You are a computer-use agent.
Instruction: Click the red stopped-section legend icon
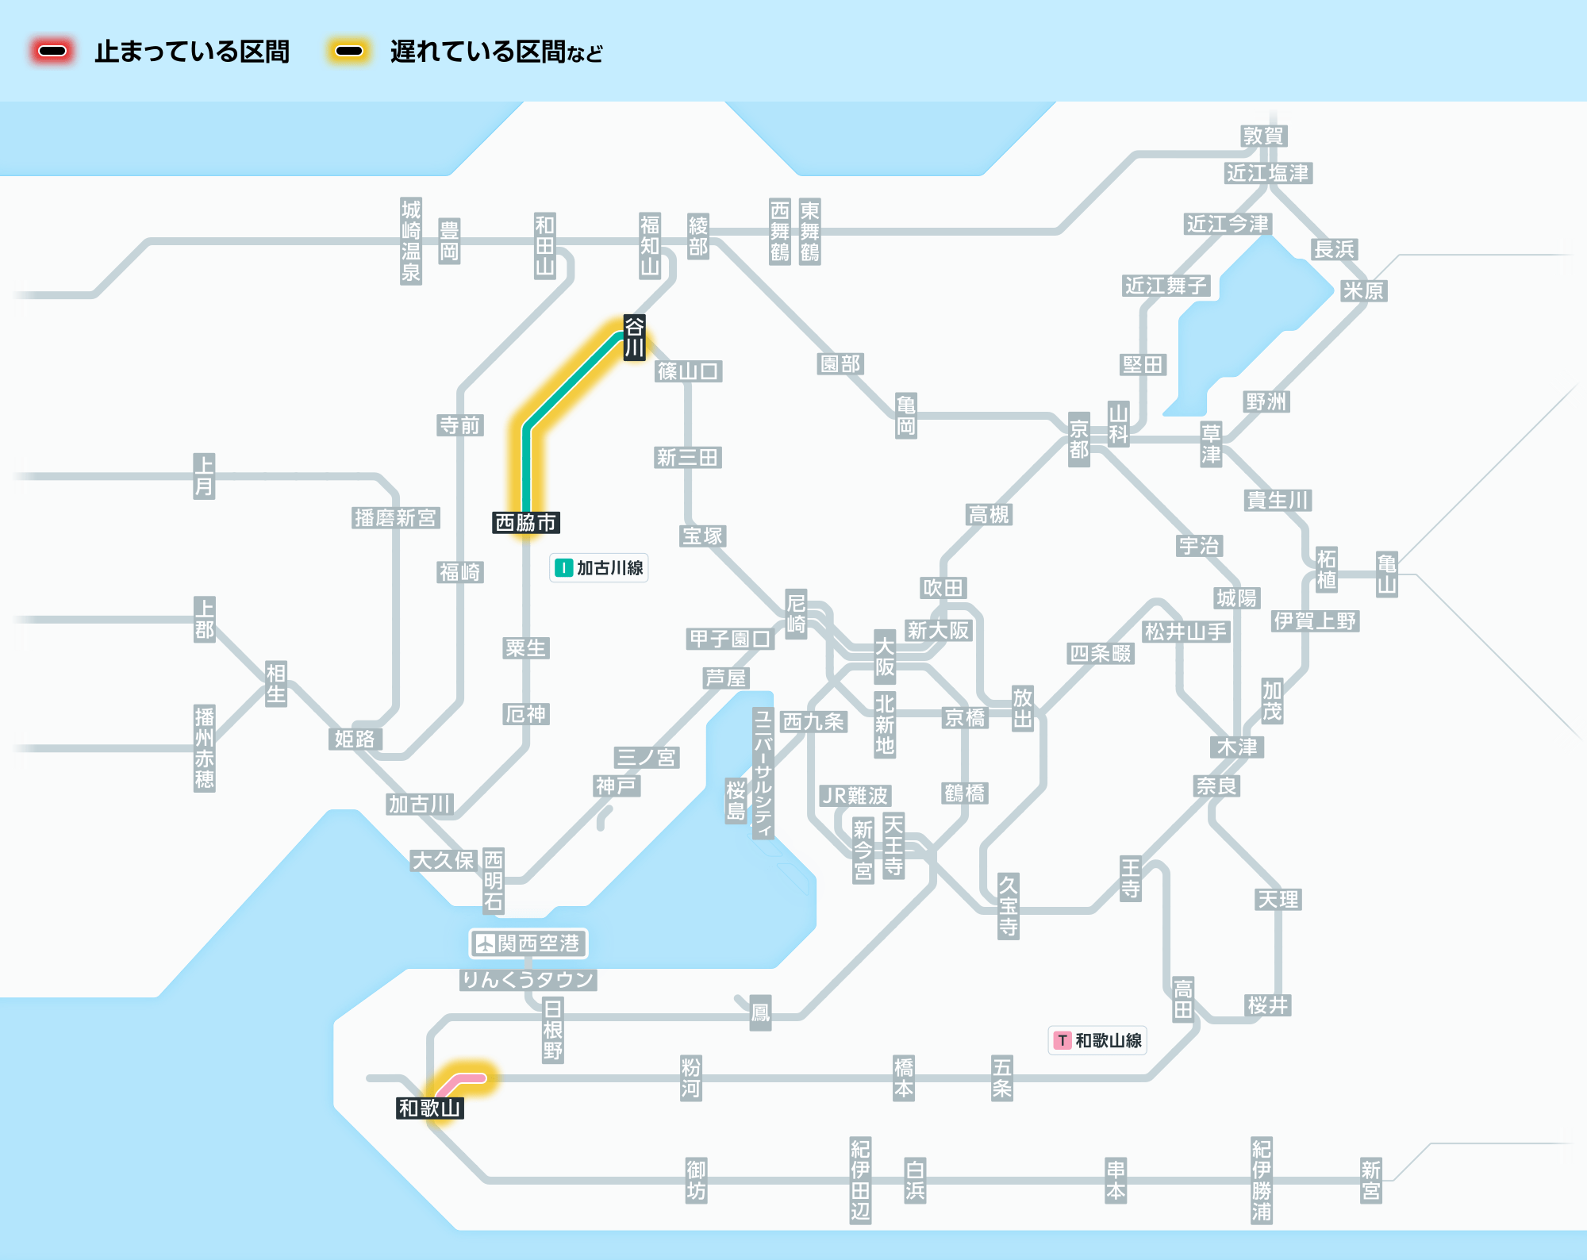click(x=52, y=52)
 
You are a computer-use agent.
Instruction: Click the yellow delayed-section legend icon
click(x=349, y=52)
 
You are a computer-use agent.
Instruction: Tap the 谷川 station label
click(x=634, y=337)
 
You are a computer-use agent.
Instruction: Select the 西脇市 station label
click(x=526, y=523)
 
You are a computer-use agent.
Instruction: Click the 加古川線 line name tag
click(x=599, y=568)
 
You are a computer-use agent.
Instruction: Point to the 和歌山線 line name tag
click(x=1097, y=1040)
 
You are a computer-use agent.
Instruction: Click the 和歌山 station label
click(x=430, y=1108)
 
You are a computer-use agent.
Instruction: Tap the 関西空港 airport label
click(x=528, y=943)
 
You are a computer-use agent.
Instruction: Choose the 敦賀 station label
click(x=1263, y=136)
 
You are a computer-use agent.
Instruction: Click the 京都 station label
click(x=1079, y=440)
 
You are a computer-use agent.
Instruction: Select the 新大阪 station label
click(x=939, y=631)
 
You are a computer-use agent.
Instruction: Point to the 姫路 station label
click(x=355, y=739)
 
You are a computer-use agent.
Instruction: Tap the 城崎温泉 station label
click(x=411, y=241)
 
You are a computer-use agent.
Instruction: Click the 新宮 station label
click(x=1371, y=1181)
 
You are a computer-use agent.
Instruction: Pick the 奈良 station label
click(x=1217, y=786)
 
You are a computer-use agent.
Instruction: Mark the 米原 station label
click(x=1363, y=291)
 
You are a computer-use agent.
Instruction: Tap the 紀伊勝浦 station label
click(x=1262, y=1181)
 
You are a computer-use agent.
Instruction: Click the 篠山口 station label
click(x=689, y=371)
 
